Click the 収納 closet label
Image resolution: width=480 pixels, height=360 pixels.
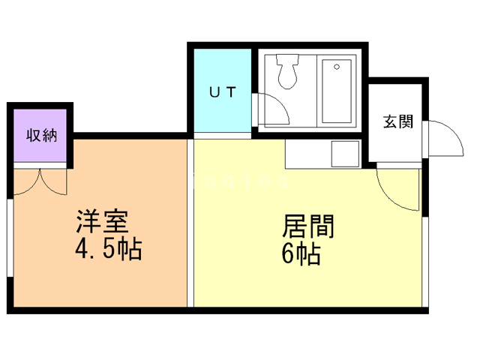[42, 136]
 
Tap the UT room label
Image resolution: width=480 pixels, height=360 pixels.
[222, 93]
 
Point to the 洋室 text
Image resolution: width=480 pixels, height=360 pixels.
[103, 221]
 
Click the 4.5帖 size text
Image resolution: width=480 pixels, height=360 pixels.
[109, 249]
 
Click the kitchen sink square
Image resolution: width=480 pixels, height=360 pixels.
[346, 155]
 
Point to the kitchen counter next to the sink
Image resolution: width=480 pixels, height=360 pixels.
[307, 155]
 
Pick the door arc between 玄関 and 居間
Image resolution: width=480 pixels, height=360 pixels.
[397, 191]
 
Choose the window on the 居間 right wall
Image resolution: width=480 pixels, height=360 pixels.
[424, 255]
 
